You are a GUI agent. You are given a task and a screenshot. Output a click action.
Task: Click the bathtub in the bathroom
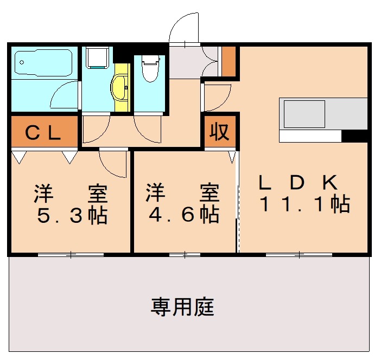point(43,64)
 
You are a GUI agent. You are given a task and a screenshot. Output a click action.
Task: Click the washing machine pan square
point(98,57)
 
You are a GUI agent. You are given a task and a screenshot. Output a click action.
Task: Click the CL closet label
point(43,132)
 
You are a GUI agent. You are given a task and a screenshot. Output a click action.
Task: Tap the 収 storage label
point(220,132)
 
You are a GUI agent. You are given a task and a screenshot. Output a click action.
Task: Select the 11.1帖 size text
point(304,204)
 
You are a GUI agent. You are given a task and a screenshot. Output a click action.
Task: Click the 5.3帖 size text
point(71,215)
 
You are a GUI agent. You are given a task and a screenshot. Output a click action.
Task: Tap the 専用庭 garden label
point(182,307)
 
